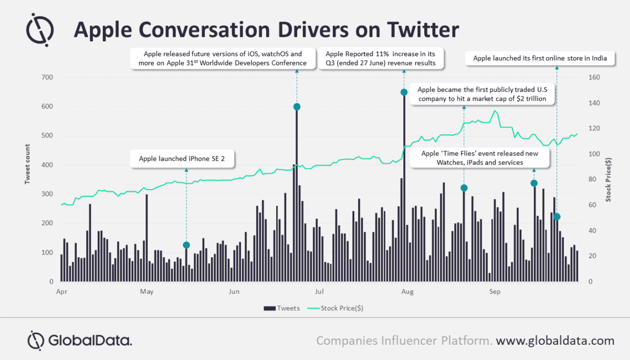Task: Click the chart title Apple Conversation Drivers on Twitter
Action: [x=266, y=30]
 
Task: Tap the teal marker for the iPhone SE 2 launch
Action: [x=186, y=245]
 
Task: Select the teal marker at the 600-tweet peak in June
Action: [x=297, y=107]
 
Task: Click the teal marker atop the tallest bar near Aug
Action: [x=404, y=92]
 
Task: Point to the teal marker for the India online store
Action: [x=557, y=217]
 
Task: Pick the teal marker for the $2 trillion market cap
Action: [x=464, y=188]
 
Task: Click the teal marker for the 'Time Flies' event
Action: [x=534, y=183]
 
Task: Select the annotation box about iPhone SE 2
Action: [x=182, y=159]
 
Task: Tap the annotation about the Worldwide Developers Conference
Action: [x=224, y=58]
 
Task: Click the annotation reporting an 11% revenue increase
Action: [x=384, y=58]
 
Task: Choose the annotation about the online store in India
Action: [x=540, y=58]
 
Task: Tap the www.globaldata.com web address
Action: [x=555, y=341]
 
